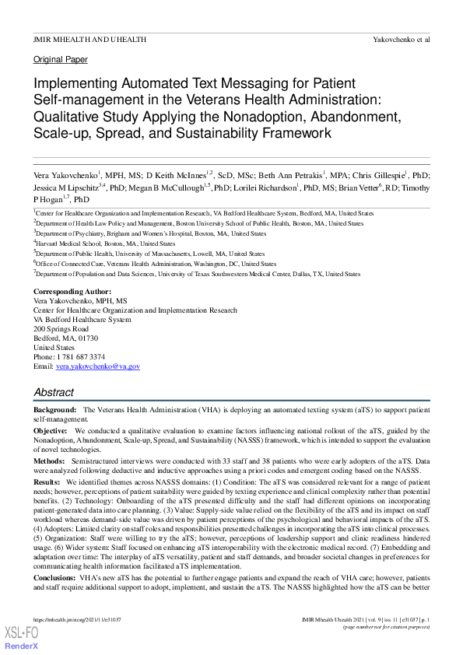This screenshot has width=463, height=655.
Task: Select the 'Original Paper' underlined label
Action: (60, 59)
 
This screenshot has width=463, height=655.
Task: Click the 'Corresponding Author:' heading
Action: (72, 291)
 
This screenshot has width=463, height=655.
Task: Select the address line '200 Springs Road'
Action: (61, 329)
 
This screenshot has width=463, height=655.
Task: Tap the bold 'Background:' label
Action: (54, 409)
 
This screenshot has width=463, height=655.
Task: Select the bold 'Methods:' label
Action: (50, 461)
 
